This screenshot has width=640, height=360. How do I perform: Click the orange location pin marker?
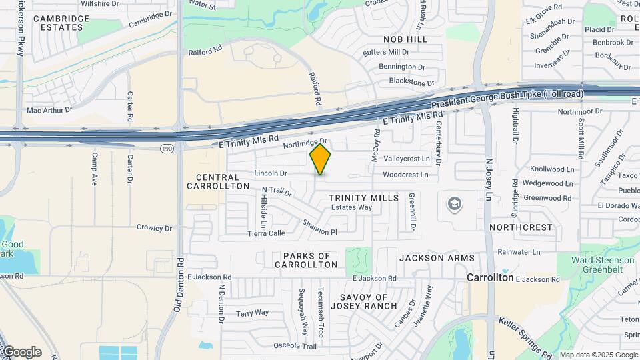coord(321,160)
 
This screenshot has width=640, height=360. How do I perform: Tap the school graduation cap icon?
coord(455,203)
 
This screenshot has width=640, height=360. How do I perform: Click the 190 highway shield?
coord(165,147)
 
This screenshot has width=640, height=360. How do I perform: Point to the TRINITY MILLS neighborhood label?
coord(363,198)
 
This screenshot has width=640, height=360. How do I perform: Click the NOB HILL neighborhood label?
coord(405,39)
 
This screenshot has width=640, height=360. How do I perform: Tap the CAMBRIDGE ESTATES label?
coord(61,23)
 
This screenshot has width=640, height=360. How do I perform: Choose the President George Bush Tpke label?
coord(507,99)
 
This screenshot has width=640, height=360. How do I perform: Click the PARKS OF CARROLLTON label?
coord(307,260)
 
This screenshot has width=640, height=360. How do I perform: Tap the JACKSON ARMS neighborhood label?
coord(437,258)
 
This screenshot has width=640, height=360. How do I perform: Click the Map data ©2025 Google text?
coord(597,355)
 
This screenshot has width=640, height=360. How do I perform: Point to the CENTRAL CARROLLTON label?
coord(218,182)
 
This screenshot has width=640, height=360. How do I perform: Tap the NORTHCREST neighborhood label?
coord(521,227)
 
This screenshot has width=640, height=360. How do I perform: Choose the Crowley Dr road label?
coord(154,228)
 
